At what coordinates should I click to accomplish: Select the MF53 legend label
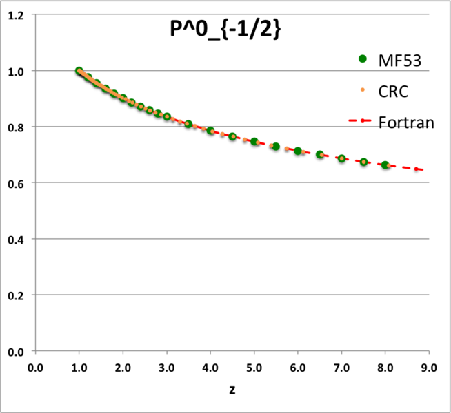[x=399, y=61]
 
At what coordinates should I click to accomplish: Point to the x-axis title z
[x=233, y=390]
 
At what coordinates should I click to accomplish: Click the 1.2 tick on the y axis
[x=16, y=15]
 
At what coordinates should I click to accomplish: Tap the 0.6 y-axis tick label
[x=16, y=183]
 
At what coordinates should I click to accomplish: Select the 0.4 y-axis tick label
[x=16, y=240]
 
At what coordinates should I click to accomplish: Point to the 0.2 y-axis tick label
[x=16, y=295]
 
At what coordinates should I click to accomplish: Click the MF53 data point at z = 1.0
[x=79, y=72]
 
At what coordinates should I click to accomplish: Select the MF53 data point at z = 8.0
[x=385, y=165]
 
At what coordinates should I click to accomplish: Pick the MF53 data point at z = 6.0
[x=298, y=151]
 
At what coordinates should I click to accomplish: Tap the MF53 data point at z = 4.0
[x=210, y=131]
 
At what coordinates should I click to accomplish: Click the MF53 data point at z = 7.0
[x=341, y=159]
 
